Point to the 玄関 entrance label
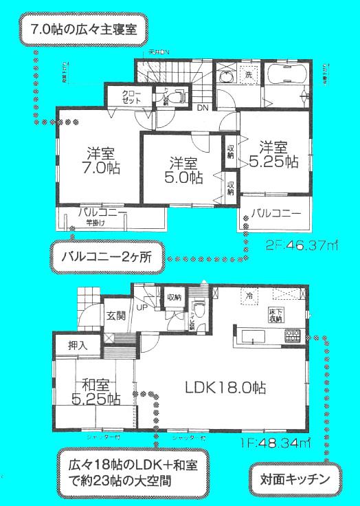tap(115, 316)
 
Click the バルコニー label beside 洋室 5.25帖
tap(275, 214)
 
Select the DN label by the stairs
tap(203, 108)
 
